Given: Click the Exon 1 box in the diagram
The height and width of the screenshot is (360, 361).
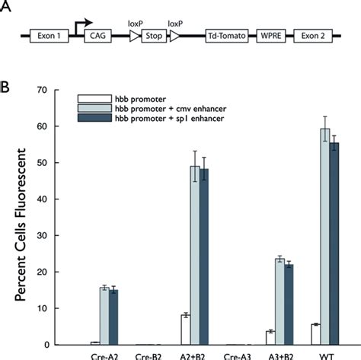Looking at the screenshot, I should coord(52,36).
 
